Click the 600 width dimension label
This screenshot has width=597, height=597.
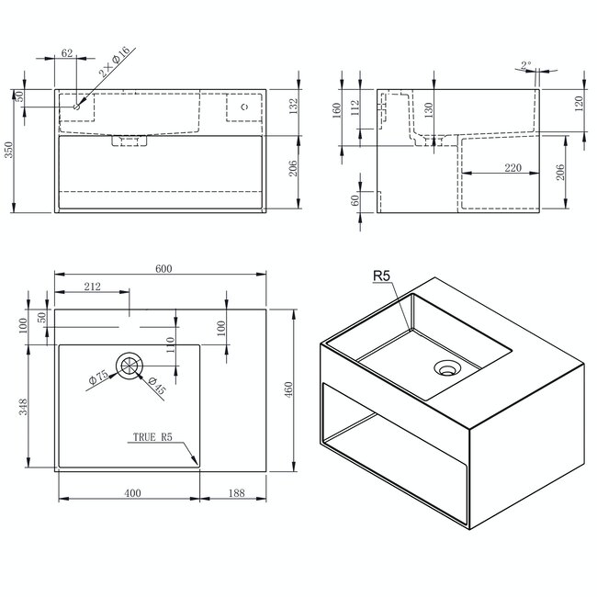(163, 268)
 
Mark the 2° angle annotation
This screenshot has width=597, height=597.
(524, 65)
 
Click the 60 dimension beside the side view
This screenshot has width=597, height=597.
(355, 201)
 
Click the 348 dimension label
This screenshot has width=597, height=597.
(23, 407)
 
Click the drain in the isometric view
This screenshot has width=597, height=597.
(447, 369)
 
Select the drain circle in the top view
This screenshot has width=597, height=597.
(130, 365)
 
